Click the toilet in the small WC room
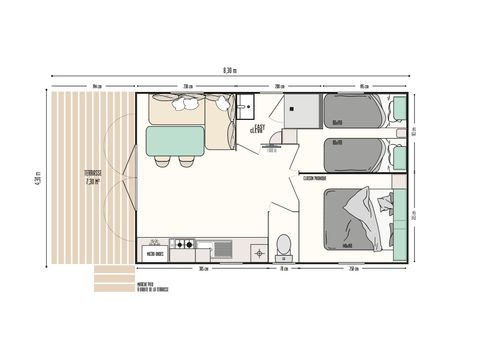pyautogui.click(x=283, y=244)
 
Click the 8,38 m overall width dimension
pyautogui.click(x=231, y=70)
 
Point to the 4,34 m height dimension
pyautogui.click(x=37, y=180)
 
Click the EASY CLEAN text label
pyautogui.click(x=259, y=128)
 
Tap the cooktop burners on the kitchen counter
pyautogui.click(x=185, y=244)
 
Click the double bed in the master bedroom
pyautogui.click(x=360, y=220)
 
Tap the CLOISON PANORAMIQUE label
pyautogui.click(x=316, y=179)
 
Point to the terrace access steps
pyautogui.click(x=115, y=275)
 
